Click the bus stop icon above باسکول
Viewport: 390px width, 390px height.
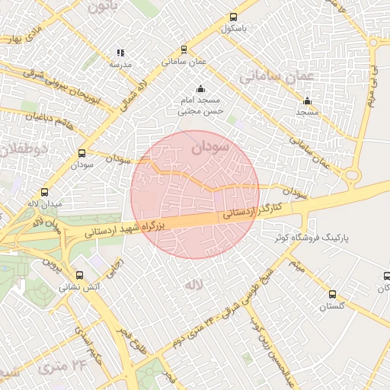click(232, 17)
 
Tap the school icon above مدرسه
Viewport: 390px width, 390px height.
click(120, 53)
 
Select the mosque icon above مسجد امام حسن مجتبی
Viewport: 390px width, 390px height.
click(200, 88)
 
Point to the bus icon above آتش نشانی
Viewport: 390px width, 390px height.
click(80, 275)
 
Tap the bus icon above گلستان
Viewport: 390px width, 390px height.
click(331, 294)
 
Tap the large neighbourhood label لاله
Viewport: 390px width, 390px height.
click(191, 283)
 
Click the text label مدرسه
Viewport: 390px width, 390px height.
click(120, 65)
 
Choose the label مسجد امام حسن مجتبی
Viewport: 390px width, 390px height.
click(200, 106)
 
